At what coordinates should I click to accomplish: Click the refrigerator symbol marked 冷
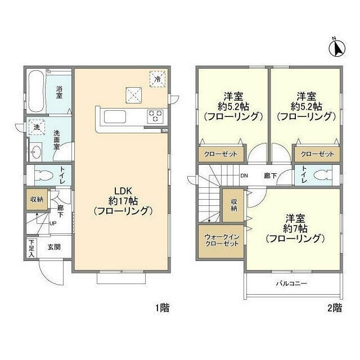pos(158,79)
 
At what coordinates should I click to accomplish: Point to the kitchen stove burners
pos(155,116)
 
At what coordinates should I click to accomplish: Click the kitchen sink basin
pos(116,116)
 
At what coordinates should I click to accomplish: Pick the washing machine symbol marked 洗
pos(36,128)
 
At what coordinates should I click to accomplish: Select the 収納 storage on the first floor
pos(35,200)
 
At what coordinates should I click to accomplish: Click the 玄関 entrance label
pos(54,247)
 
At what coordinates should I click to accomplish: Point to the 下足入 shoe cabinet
pos(30,248)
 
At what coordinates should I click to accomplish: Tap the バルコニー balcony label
pos(291,283)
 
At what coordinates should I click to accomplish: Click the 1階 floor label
pos(161,308)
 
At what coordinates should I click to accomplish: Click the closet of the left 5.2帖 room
pos(220,154)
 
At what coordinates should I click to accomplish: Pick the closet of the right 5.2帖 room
pos(317,154)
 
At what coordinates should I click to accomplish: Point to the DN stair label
pos(245,175)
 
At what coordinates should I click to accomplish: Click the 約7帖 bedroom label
pos(295,228)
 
